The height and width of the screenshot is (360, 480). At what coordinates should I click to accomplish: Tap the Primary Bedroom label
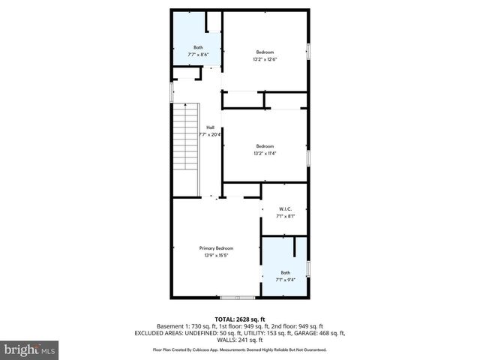coord(216,248)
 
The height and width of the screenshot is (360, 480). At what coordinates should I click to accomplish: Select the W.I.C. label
coord(285,209)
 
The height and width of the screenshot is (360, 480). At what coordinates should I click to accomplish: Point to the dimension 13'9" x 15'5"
coord(216,256)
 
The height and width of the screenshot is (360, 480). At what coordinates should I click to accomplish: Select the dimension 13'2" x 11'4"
coord(265,154)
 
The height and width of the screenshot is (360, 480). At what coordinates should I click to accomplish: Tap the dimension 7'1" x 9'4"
coord(285,280)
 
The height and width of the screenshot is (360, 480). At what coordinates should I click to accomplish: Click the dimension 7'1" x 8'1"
coord(285,217)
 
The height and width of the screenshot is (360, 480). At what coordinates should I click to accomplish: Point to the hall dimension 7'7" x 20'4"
coord(211,135)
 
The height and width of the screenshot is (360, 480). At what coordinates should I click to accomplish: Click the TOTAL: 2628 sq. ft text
coord(240,319)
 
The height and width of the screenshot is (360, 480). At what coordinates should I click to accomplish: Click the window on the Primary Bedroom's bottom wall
coord(232,298)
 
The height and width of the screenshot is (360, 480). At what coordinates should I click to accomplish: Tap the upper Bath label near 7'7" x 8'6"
coord(198,47)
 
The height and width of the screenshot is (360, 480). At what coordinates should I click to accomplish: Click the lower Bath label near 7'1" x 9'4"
coord(285,272)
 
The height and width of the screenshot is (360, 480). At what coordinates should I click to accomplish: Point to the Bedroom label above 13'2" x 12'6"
coord(265,52)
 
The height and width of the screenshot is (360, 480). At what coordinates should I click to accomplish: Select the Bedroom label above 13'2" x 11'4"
coord(265,146)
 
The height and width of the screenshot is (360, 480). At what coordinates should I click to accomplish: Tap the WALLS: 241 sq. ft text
coord(240,340)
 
